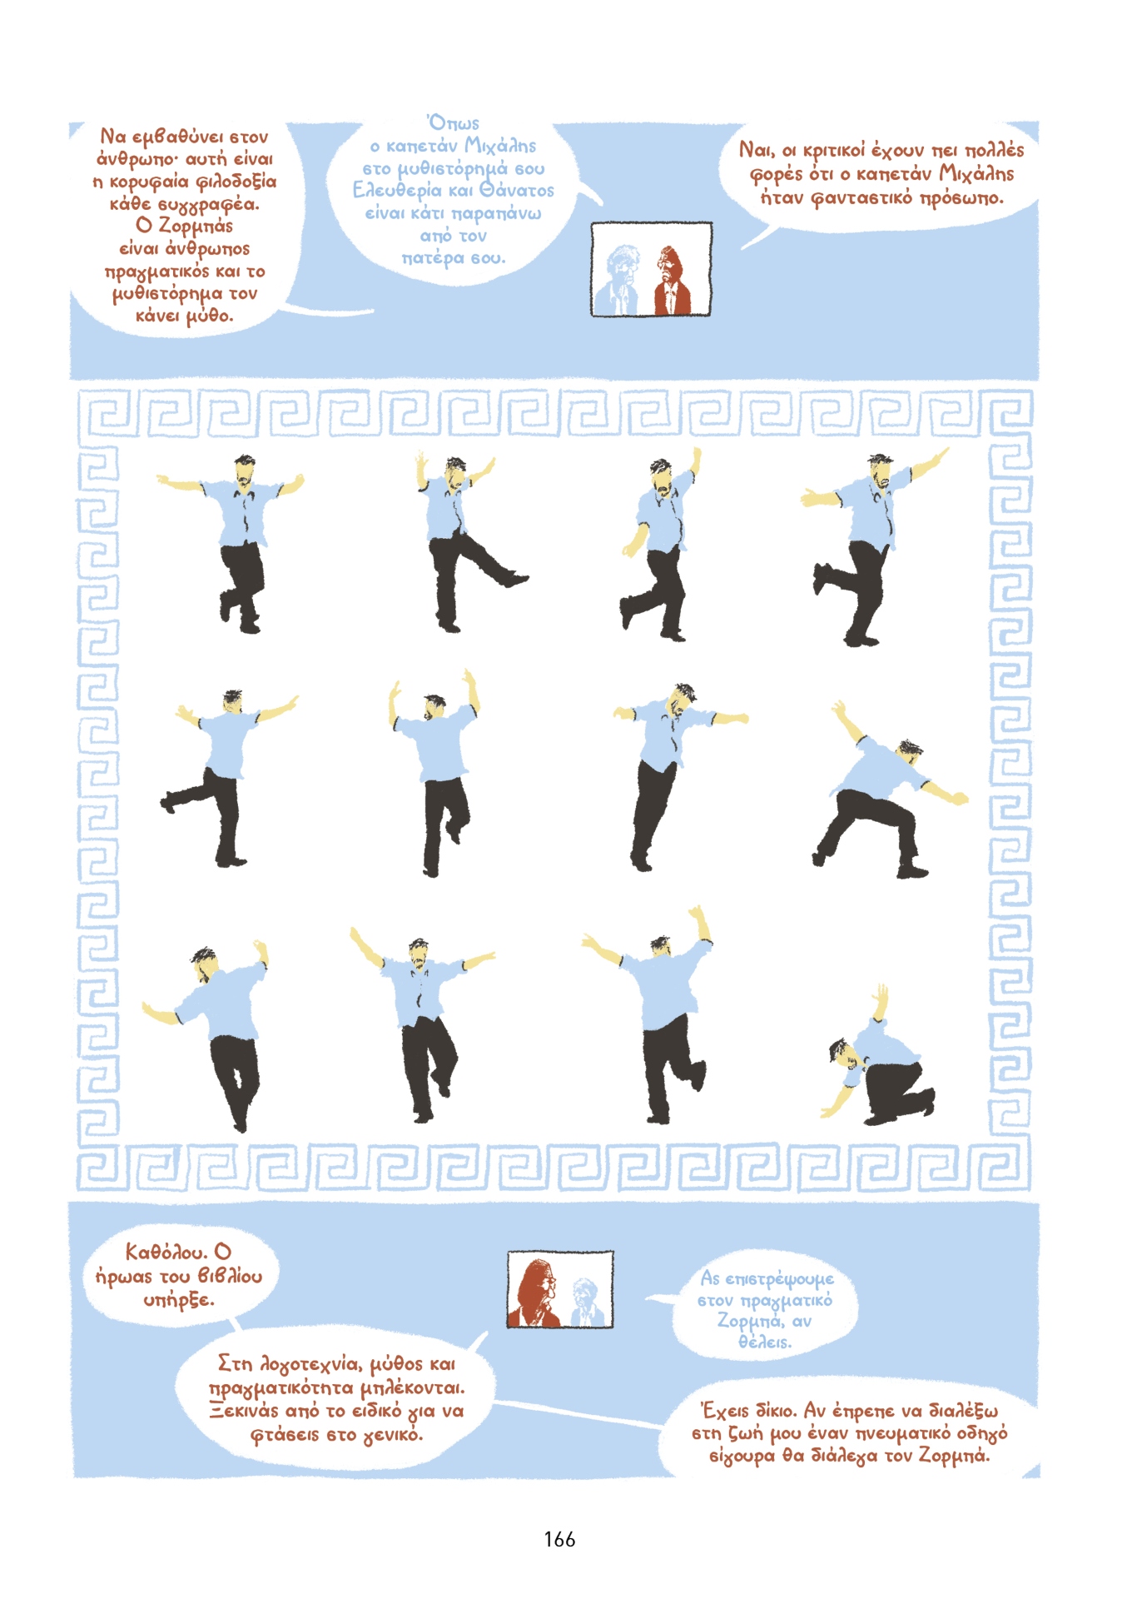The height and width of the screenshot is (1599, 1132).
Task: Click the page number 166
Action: point(559,1539)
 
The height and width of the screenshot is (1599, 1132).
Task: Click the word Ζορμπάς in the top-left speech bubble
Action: point(196,226)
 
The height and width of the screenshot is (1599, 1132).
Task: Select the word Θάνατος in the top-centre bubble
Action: point(517,191)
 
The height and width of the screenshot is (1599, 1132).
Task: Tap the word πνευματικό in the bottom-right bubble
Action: point(901,1433)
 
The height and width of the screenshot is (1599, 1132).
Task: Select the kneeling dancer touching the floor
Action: point(880,1062)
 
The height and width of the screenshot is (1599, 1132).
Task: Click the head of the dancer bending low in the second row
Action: point(910,750)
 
